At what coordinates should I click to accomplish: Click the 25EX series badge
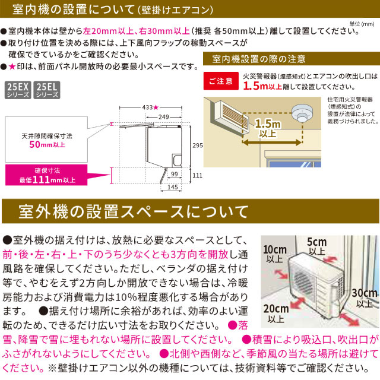18,90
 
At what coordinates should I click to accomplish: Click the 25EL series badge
47,90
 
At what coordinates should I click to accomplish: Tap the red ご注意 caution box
219,80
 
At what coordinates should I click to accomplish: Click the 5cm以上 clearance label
316,246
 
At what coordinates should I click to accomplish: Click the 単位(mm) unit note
361,23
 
